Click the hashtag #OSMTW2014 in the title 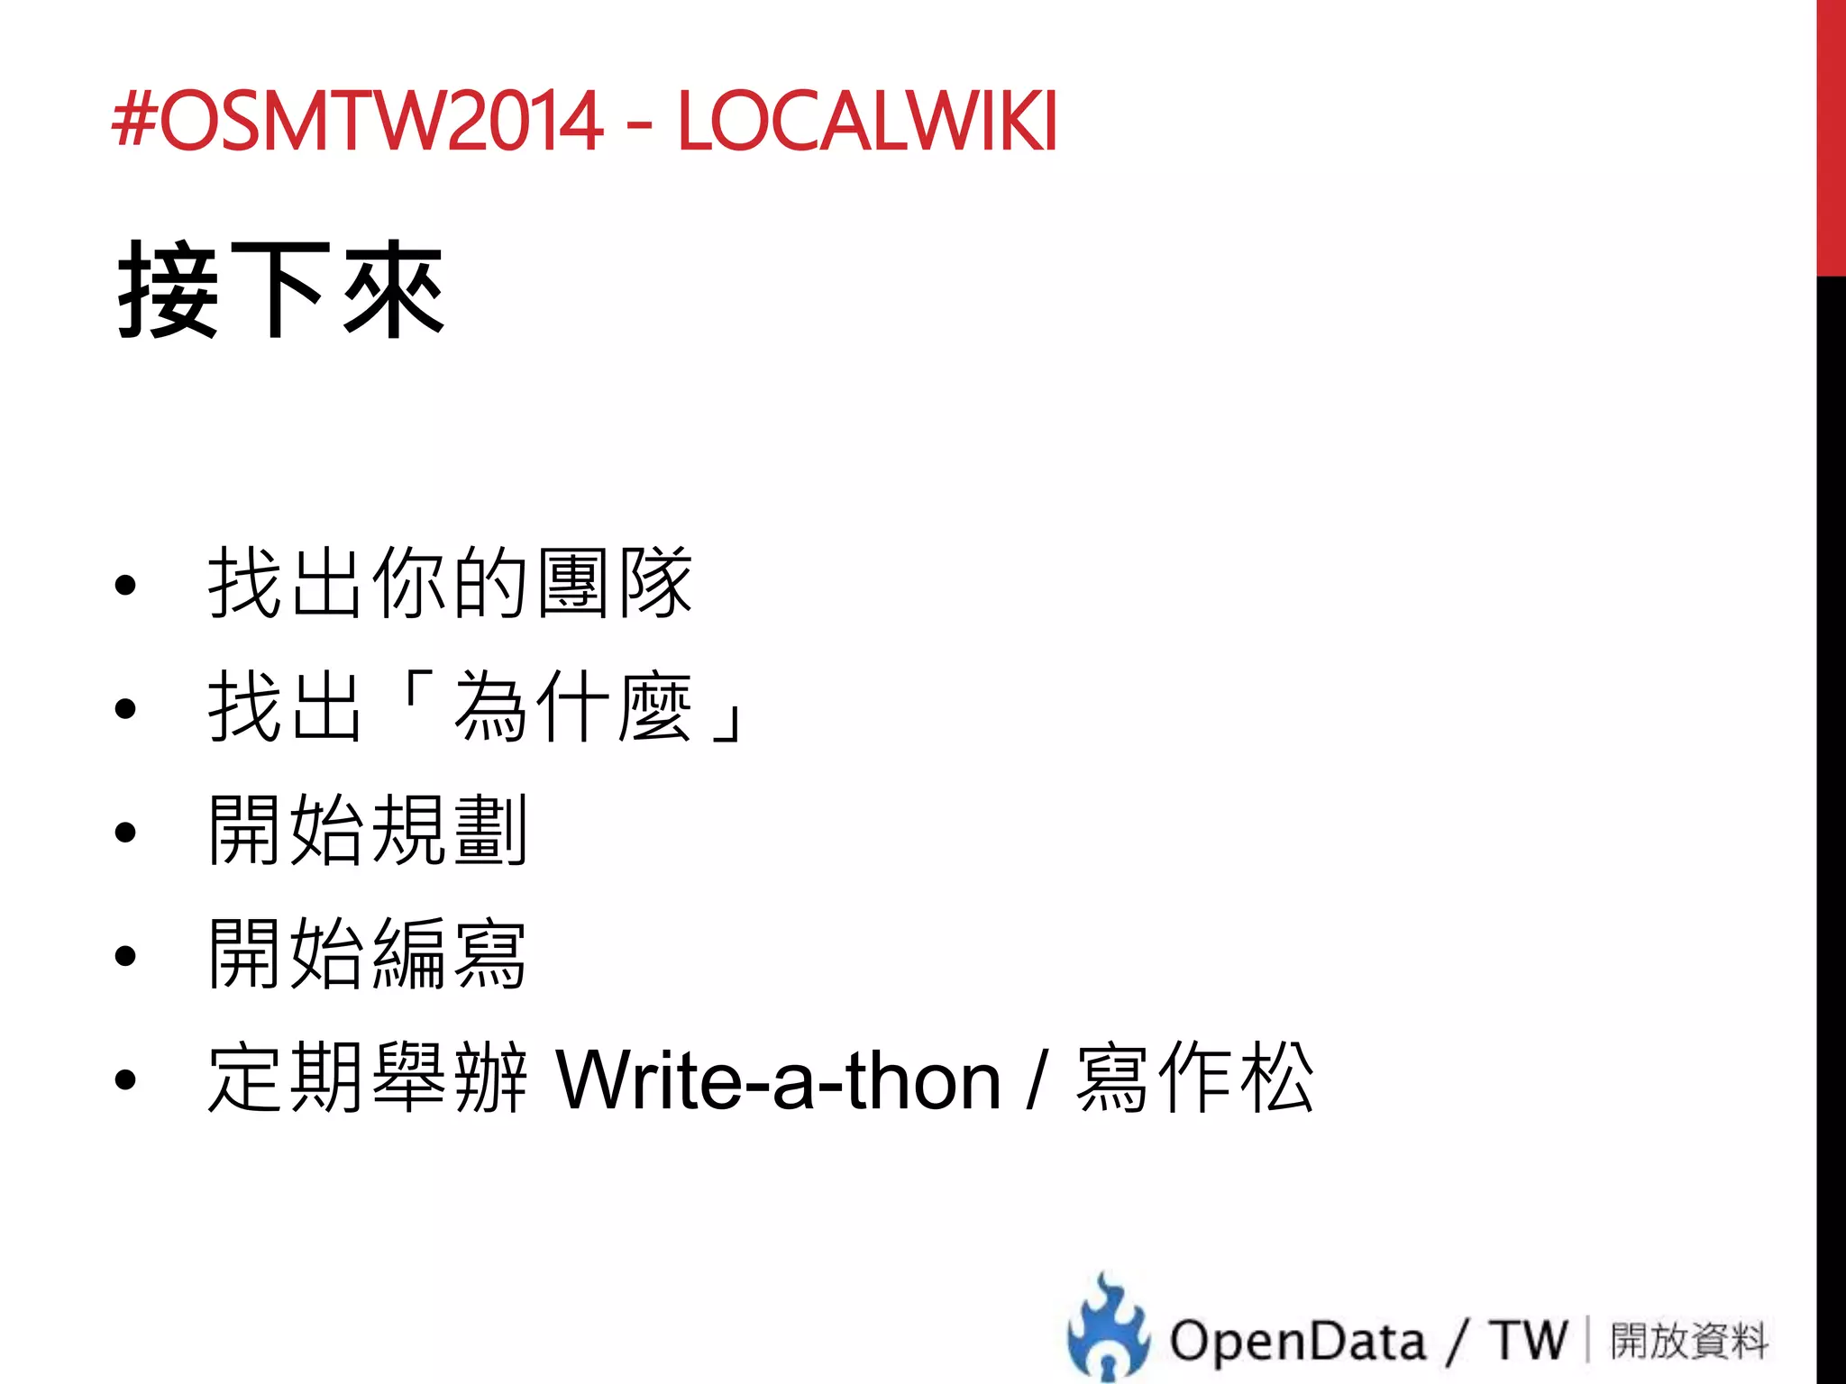(357, 120)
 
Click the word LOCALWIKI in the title (866, 120)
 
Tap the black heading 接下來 (280, 290)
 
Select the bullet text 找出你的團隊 (450, 584)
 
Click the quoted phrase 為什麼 (572, 708)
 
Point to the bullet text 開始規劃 (367, 831)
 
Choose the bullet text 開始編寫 (367, 954)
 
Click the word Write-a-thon (777, 1079)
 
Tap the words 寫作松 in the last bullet (1194, 1079)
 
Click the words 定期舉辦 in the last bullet (367, 1079)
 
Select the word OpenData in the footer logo (1297, 1340)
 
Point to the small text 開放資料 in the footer (1688, 1340)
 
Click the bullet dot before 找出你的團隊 (125, 586)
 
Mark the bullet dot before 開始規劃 (125, 833)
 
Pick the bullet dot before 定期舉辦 (125, 1079)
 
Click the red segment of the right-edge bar (1831, 135)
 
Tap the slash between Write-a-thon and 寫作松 (1038, 1079)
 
